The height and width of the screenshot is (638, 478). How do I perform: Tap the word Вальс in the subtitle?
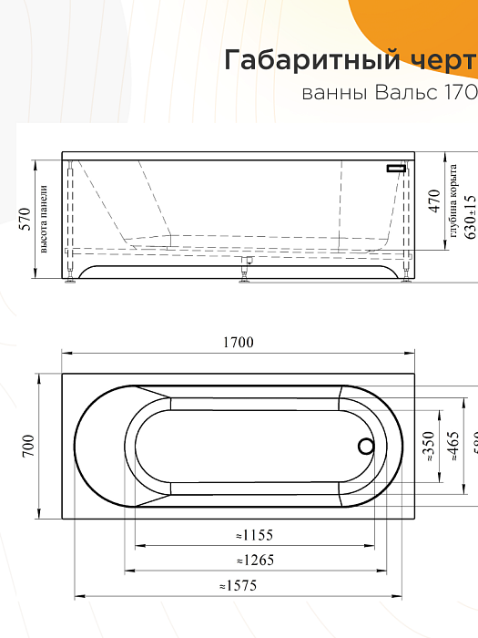(x=396, y=93)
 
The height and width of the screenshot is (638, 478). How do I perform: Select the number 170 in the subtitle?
(x=461, y=93)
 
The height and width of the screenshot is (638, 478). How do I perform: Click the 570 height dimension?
(x=25, y=218)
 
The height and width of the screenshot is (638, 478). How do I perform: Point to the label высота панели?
(x=43, y=218)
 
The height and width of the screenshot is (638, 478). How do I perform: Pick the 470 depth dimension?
(x=434, y=201)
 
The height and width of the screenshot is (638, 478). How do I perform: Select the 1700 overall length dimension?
(x=238, y=343)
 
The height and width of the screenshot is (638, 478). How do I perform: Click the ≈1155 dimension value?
(x=254, y=535)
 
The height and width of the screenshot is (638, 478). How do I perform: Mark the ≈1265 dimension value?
(x=254, y=560)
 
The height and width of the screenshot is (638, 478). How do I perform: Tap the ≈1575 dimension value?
(x=239, y=585)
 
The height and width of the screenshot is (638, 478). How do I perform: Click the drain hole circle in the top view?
(x=366, y=447)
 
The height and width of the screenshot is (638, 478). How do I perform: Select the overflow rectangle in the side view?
(x=397, y=169)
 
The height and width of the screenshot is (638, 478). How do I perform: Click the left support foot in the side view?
(x=71, y=281)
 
